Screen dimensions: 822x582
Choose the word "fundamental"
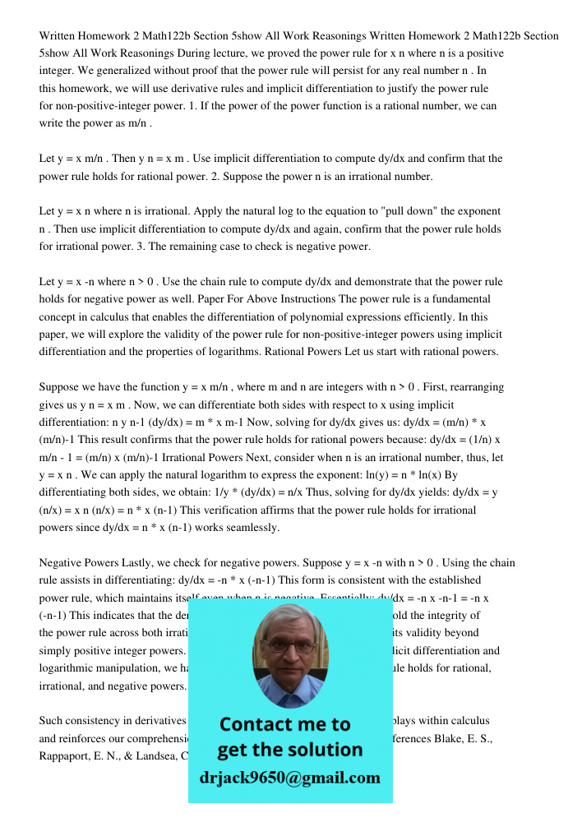(x=457, y=299)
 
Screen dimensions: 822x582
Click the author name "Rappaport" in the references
(x=67, y=755)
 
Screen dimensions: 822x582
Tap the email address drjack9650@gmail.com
(x=290, y=778)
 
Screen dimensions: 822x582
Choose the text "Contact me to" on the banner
(x=285, y=725)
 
